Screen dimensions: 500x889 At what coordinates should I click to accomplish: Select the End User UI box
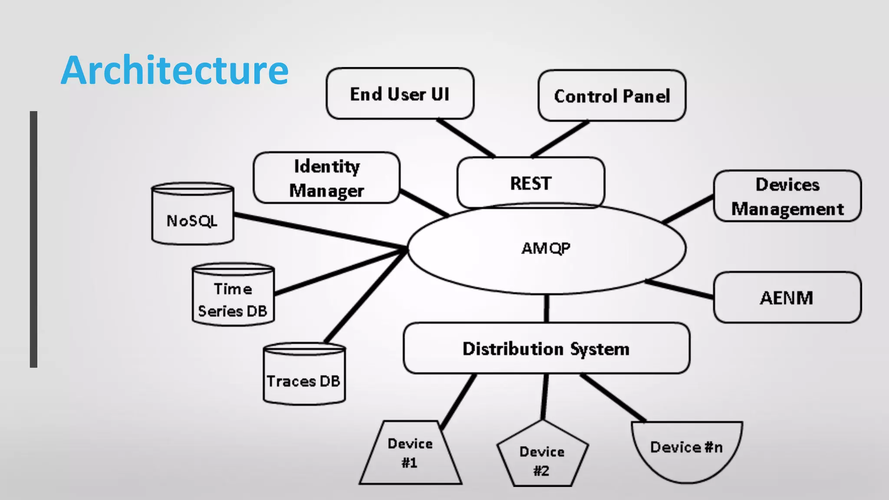click(400, 94)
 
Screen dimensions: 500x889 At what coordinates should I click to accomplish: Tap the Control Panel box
click(612, 96)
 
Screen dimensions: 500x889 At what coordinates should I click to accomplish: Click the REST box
click(530, 183)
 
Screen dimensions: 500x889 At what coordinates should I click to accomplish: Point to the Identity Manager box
click(326, 178)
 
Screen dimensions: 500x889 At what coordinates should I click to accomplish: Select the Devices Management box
click(787, 196)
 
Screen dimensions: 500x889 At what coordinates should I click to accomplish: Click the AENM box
click(787, 298)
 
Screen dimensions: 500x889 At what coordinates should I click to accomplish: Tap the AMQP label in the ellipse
click(546, 248)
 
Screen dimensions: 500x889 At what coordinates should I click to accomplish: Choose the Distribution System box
click(546, 349)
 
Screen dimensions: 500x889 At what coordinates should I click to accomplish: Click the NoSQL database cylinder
click(192, 220)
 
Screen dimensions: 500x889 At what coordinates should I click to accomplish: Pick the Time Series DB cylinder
click(233, 299)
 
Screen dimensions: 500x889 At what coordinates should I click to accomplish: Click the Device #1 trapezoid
click(410, 454)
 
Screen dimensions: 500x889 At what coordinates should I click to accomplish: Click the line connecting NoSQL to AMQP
click(319, 231)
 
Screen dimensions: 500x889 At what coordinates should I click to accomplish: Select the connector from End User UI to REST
click(465, 138)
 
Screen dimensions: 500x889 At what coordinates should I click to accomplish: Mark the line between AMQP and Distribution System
click(546, 309)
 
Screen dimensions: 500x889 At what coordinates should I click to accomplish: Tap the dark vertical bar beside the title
click(33, 239)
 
